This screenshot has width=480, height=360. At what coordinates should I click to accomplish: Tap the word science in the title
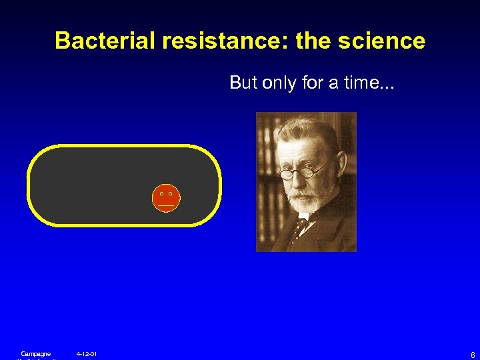[x=382, y=41]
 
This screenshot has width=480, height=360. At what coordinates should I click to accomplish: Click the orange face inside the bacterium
[x=166, y=198]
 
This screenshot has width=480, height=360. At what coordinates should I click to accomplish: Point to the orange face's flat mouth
[x=166, y=206]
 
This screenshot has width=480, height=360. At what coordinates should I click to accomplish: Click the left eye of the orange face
[x=161, y=193]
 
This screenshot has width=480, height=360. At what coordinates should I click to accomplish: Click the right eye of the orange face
[x=171, y=193]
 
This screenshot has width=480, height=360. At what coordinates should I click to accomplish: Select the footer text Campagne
[x=35, y=353]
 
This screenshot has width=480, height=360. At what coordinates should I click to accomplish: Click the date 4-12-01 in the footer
[x=87, y=353]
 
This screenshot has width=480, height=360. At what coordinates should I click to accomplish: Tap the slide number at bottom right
[x=472, y=354]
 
